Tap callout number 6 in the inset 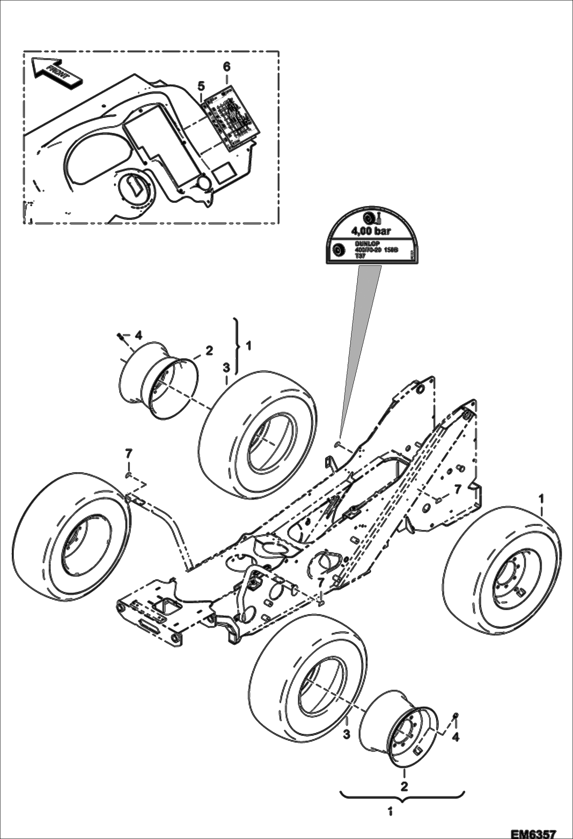226,67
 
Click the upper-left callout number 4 138,335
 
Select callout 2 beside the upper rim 209,350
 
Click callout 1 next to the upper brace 248,346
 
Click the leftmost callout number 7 129,454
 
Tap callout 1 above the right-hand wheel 541,498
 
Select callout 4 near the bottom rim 455,737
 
